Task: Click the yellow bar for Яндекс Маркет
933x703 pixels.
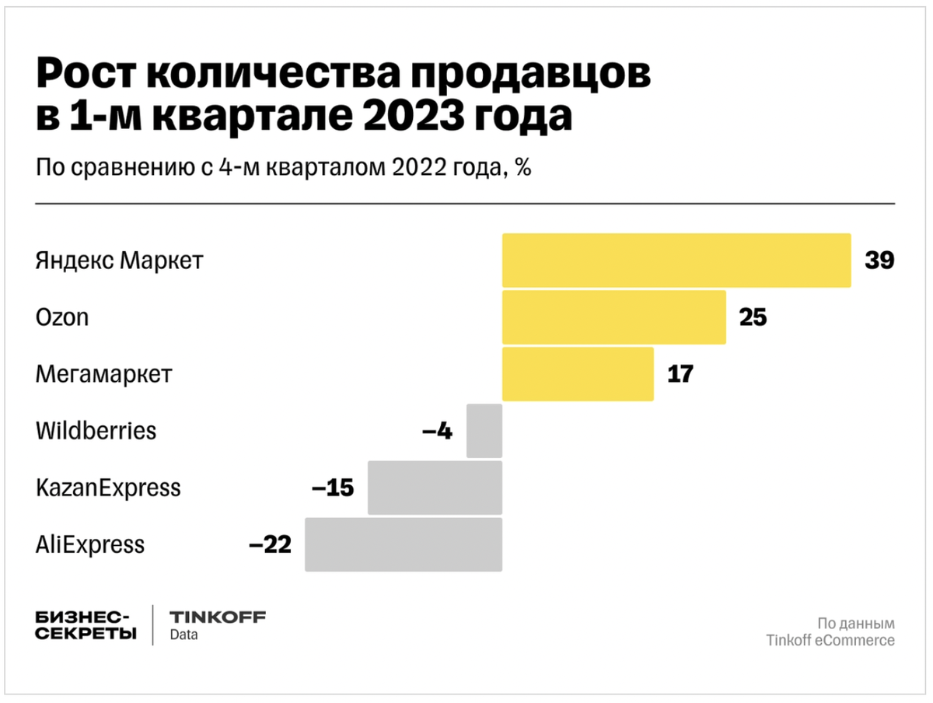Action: coord(676,261)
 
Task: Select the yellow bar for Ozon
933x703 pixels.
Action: coord(614,317)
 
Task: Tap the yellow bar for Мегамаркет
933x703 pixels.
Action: coord(578,374)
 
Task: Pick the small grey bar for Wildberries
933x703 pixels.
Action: coord(484,431)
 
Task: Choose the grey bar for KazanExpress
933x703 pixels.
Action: coord(435,488)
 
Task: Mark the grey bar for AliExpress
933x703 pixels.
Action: coord(403,544)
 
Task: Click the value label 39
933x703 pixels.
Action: coord(880,261)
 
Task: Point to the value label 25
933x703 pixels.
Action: coord(753,317)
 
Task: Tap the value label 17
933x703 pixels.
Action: coord(680,374)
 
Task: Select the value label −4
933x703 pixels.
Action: coord(437,431)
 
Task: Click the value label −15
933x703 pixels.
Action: coord(333,488)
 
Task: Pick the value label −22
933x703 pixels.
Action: coord(270,545)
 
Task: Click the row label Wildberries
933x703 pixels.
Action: coord(96,431)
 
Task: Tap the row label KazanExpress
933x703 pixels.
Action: coord(108,488)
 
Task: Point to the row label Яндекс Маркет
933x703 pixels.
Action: coord(119,261)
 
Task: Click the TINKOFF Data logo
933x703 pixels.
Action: coord(218,624)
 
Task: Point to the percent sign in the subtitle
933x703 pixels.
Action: coord(522,168)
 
